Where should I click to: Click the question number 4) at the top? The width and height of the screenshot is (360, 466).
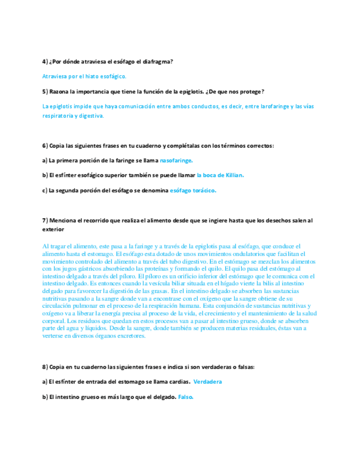pos(45,62)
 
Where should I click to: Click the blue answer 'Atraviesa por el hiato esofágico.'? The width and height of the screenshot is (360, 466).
pos(84,76)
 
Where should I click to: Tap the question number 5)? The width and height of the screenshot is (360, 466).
pos(45,91)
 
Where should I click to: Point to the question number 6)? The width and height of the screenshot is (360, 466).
pos(45,146)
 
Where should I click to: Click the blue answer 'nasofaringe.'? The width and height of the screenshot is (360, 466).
pos(176,160)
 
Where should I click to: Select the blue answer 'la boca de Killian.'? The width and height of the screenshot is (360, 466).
pos(220,175)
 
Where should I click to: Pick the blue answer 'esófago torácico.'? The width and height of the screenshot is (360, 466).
pos(193,190)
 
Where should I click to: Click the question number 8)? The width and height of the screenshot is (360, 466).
pos(45,367)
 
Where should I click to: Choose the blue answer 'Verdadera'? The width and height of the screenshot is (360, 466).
pos(208,381)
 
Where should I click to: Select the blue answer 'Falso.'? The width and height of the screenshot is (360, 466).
pos(186,396)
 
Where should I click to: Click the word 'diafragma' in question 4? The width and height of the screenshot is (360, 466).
pos(159,62)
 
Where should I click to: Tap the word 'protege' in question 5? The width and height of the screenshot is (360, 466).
pos(251,91)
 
